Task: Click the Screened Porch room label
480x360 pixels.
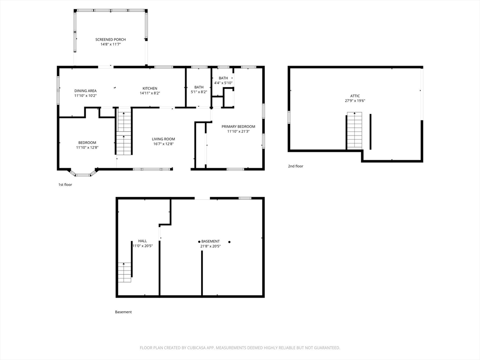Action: [111, 39]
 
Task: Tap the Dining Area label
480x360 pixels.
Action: [85, 90]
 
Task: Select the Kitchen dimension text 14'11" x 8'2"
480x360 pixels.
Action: [150, 93]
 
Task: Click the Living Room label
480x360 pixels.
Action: [164, 139]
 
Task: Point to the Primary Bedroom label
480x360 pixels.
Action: [238, 127]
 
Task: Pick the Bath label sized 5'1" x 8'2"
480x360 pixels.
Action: [199, 87]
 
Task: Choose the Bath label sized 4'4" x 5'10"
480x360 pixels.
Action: [224, 78]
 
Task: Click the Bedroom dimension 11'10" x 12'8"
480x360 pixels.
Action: [87, 147]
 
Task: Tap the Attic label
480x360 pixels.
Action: [355, 96]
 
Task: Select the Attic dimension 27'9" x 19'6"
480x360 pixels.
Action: [355, 101]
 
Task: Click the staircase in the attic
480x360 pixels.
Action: [354, 131]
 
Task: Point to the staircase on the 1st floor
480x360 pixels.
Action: [124, 131]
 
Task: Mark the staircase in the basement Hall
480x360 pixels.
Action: [125, 272]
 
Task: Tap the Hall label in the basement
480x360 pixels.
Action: [142, 241]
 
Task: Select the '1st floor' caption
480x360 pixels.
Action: [65, 185]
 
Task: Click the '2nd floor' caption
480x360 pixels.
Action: [295, 166]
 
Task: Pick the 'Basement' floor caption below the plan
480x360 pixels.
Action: [123, 312]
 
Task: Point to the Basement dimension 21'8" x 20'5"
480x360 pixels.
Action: [210, 246]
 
